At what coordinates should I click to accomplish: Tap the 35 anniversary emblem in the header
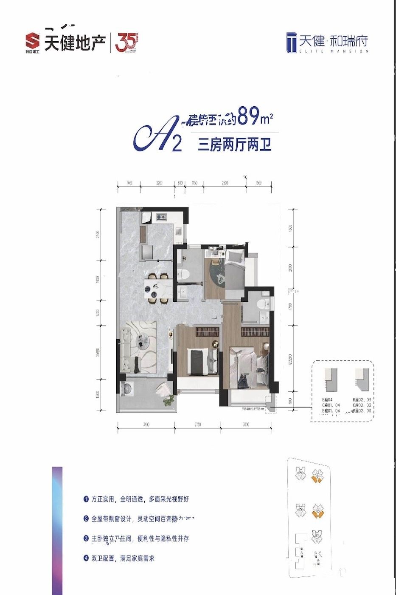point(126,42)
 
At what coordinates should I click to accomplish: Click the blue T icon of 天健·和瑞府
point(292,42)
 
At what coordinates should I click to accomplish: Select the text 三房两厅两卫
point(234,145)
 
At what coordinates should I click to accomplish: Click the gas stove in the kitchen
point(161,218)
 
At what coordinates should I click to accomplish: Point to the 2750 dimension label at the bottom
point(197,424)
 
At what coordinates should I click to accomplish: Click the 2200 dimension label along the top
point(159,183)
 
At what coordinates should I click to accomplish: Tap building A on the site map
point(301,473)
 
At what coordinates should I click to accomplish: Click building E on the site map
point(317,537)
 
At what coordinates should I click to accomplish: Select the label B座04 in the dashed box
point(329,400)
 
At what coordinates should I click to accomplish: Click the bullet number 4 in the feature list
point(86,558)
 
